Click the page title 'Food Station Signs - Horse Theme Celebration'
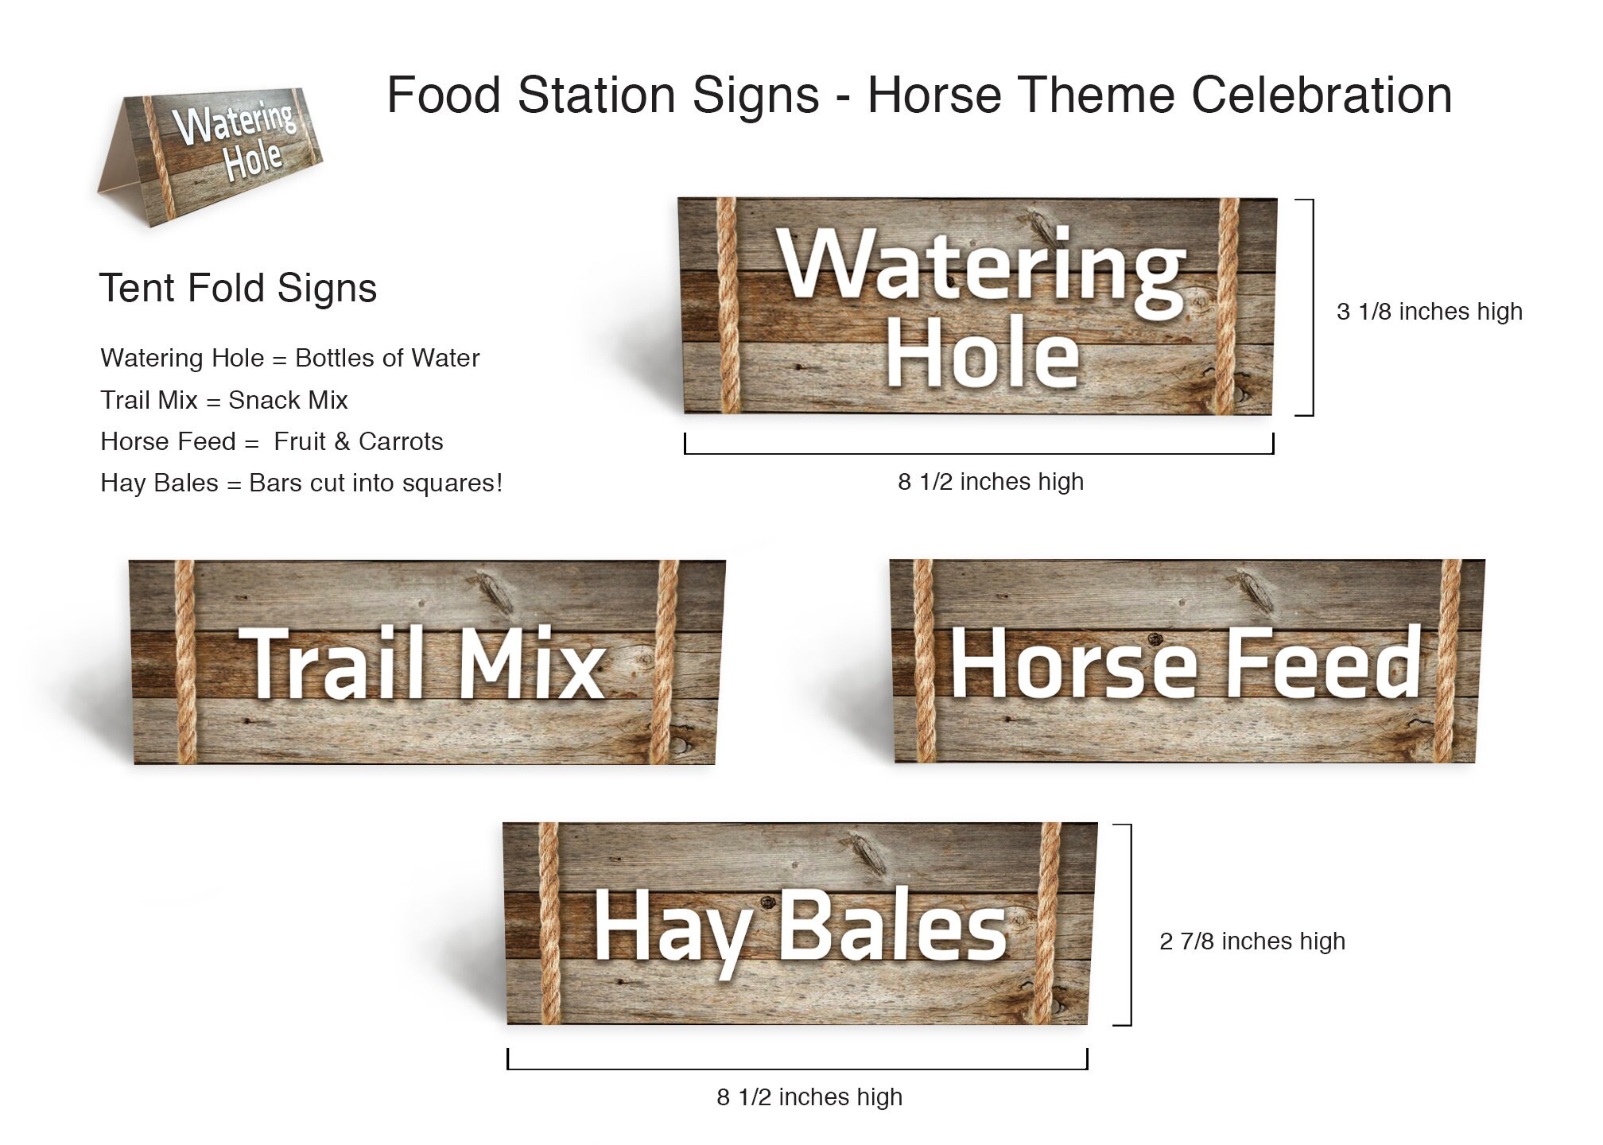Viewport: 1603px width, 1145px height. [x=919, y=95]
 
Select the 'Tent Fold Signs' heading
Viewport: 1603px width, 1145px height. [x=238, y=288]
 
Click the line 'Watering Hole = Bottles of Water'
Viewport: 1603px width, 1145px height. [x=289, y=358]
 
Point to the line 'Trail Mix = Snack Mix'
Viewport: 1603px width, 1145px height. [x=224, y=400]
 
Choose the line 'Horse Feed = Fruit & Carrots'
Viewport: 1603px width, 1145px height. [x=271, y=441]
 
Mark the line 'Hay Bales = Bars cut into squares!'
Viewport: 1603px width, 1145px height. [x=301, y=483]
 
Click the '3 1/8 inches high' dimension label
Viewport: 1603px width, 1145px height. [x=1429, y=312]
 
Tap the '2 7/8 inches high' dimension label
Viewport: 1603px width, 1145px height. [x=1252, y=941]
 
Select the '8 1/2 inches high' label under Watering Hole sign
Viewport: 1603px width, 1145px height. [x=991, y=482]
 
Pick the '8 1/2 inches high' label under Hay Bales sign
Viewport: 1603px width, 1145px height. [x=809, y=1097]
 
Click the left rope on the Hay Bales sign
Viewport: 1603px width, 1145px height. [x=549, y=924]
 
